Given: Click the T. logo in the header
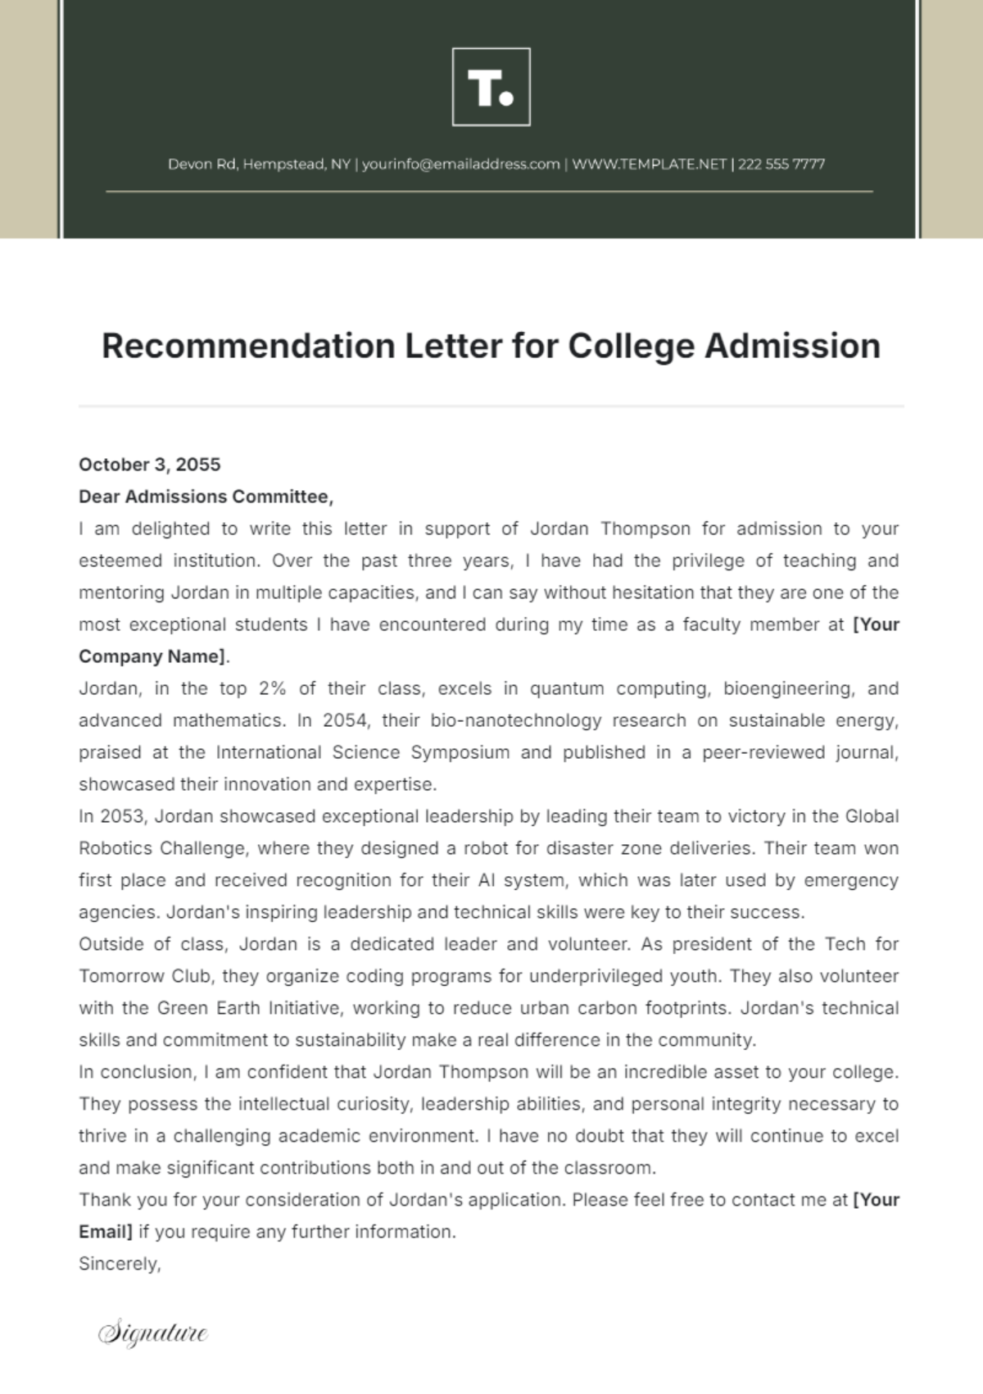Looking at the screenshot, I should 491,87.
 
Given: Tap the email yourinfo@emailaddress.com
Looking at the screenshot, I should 460,164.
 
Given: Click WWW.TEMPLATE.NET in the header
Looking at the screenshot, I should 649,164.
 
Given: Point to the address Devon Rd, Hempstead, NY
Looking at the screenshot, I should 259,164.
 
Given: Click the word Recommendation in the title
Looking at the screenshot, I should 248,346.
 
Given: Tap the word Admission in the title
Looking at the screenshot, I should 792,346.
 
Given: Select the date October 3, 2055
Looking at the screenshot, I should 149,465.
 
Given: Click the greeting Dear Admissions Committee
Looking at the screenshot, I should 205,497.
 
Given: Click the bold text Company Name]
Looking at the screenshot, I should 153,656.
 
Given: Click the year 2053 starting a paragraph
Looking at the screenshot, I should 121,816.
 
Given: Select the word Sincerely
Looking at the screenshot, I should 120,1264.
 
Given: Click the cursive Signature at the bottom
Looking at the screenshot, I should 152,1333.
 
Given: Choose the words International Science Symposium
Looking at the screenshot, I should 362,752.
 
